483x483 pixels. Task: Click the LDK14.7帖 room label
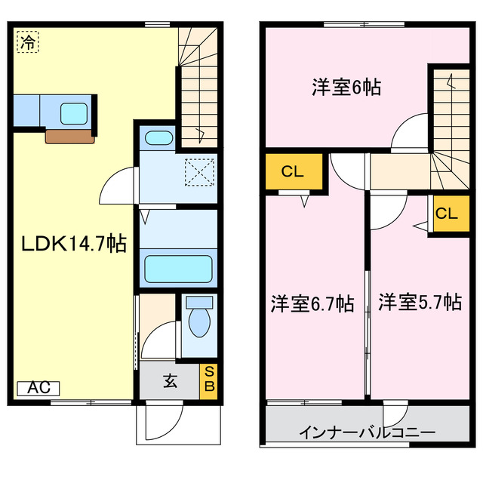(x=72, y=245)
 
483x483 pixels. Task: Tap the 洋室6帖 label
(x=346, y=88)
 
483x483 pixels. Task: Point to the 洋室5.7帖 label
(x=420, y=303)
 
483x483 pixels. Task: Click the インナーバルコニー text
(x=367, y=433)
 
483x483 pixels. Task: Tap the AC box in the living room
(x=38, y=388)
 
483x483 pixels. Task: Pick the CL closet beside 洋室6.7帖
(x=293, y=172)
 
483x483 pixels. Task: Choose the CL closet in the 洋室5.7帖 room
(x=446, y=213)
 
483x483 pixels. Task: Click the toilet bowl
(x=199, y=321)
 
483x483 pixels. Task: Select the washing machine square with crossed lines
(x=199, y=171)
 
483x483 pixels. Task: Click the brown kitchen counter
(x=71, y=136)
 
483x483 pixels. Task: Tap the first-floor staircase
(x=198, y=83)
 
